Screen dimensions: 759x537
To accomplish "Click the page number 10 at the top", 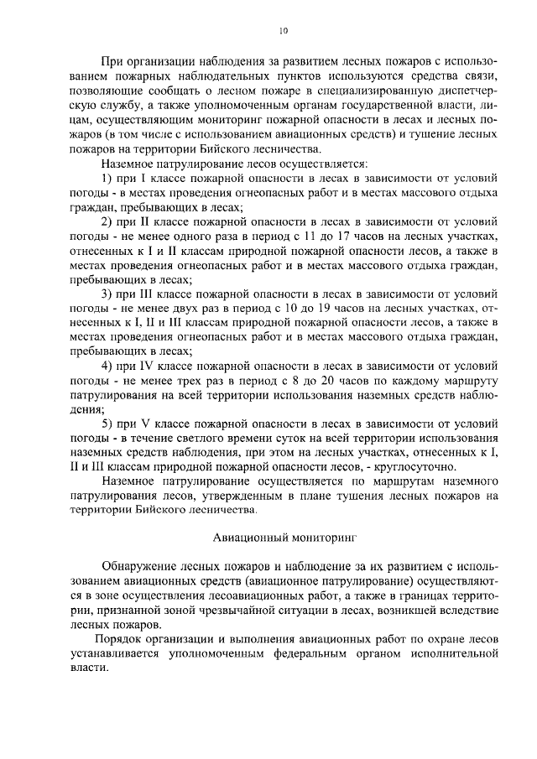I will (283, 31).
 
